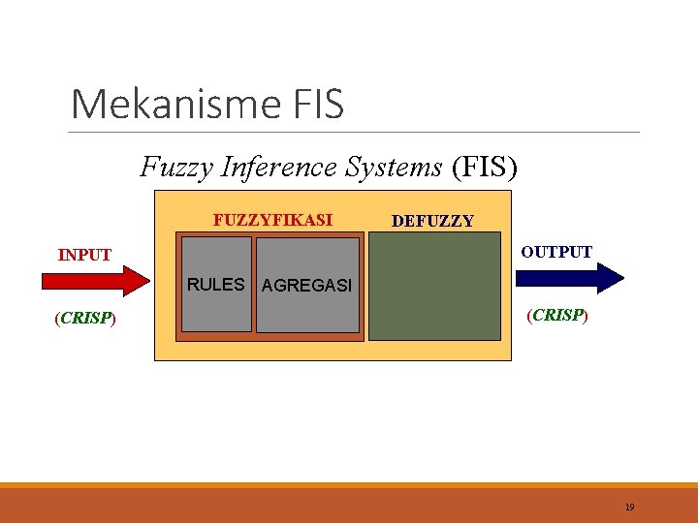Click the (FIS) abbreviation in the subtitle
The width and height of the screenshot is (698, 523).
point(485,168)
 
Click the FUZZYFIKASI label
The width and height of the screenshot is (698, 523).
point(272,220)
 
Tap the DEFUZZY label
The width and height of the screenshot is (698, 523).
point(432,221)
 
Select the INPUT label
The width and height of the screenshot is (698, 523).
point(84,256)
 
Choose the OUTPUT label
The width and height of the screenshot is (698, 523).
point(556,252)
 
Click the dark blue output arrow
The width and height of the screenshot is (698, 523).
point(569,278)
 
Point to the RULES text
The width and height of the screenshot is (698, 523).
point(215,285)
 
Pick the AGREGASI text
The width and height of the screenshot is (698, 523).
point(307,287)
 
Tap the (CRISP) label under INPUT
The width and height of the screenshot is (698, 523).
point(85,318)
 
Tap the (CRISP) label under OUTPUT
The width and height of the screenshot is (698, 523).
point(555,315)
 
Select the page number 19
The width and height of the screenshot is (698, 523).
point(629,507)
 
